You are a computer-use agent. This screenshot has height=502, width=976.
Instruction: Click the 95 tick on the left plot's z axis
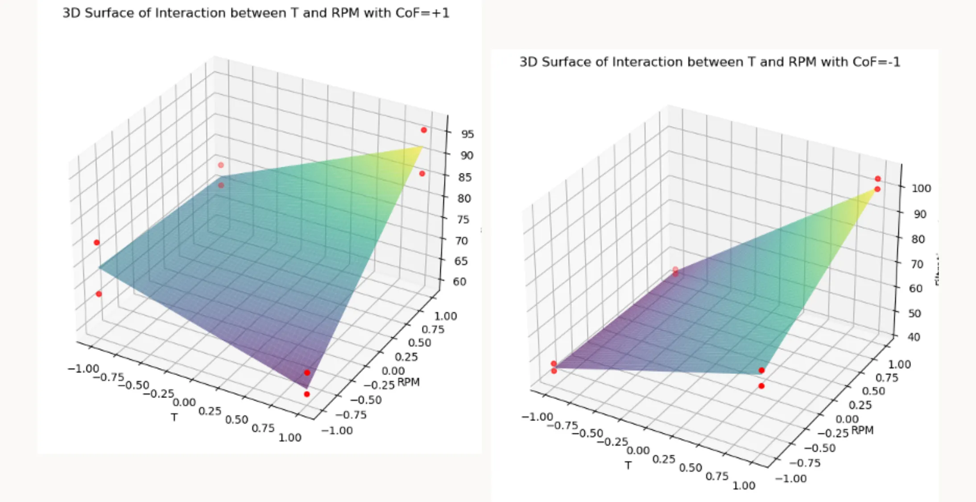point(467,134)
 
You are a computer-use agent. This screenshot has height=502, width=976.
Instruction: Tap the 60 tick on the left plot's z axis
point(459,282)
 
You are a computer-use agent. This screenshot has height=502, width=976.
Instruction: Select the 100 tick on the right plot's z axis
point(921,188)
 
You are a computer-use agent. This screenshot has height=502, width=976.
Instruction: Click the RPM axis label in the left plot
point(408,382)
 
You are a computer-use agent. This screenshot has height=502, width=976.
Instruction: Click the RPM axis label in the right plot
point(862,430)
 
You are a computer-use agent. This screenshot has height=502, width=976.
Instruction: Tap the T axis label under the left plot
point(174,417)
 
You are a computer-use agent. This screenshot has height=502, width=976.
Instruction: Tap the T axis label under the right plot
point(628,465)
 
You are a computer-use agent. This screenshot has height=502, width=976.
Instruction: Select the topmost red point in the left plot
point(424,130)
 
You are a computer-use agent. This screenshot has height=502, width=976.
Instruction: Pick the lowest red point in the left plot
point(306,394)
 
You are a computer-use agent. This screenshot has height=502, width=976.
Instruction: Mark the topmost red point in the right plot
point(877,178)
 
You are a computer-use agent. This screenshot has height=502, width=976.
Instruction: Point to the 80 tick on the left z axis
point(464,198)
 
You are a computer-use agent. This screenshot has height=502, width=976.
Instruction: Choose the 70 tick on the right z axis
point(917,264)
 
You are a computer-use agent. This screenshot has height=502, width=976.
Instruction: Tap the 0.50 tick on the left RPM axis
point(419,343)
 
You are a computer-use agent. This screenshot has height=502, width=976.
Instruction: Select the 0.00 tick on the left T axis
point(184,402)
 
